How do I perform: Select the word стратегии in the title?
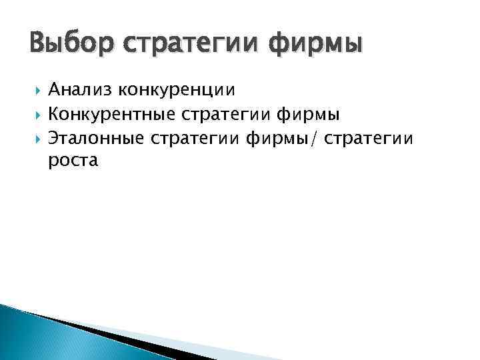180,45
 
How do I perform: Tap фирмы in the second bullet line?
308,115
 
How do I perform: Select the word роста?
73,162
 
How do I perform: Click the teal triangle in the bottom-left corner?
33,337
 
